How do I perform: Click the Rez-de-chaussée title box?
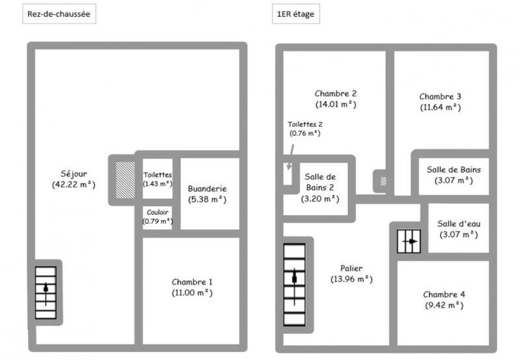(x=59, y=14)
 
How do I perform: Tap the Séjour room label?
(x=73, y=174)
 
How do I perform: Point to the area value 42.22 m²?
(x=73, y=184)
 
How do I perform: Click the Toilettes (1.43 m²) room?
(x=157, y=179)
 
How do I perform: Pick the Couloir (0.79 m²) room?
(x=157, y=217)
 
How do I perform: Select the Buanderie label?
(x=207, y=188)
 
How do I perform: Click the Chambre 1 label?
(x=192, y=282)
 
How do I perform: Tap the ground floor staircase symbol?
(x=46, y=294)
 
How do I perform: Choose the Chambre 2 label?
(x=335, y=93)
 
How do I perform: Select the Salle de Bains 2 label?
(x=320, y=182)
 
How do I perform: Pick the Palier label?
(x=351, y=268)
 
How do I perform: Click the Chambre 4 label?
(x=443, y=294)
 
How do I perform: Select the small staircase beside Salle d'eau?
(x=409, y=242)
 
